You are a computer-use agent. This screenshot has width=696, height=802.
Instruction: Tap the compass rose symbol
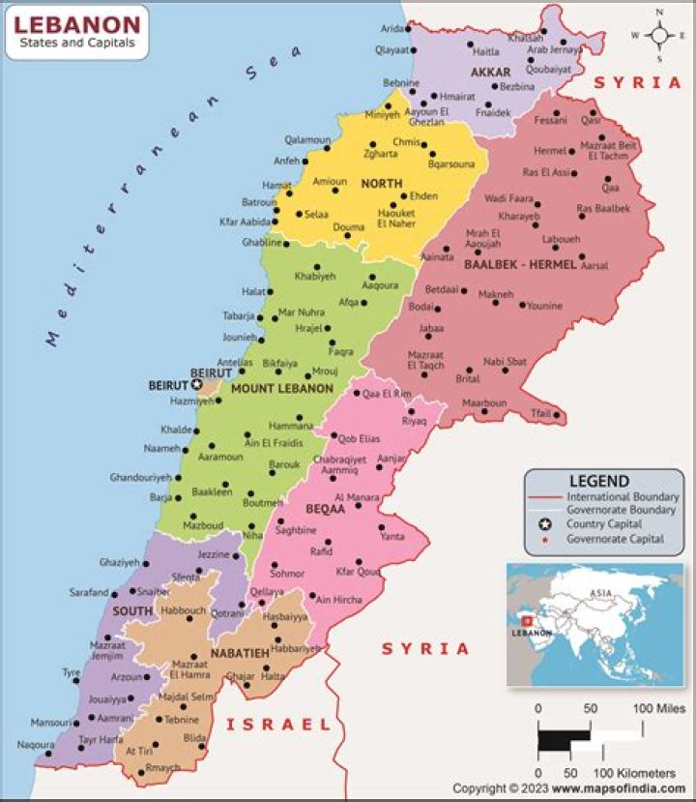click(x=661, y=35)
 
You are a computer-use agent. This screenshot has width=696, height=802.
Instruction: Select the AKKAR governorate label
click(x=490, y=73)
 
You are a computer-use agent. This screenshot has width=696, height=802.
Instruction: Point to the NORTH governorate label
click(x=381, y=183)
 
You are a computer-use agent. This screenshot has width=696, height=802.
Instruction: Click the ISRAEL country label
click(x=277, y=724)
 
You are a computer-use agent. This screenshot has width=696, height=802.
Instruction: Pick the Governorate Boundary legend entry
click(x=621, y=509)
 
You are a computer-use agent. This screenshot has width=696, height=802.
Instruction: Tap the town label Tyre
click(x=72, y=671)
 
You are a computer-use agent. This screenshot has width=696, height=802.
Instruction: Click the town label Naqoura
click(x=36, y=745)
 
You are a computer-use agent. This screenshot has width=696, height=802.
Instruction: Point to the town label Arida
click(x=392, y=30)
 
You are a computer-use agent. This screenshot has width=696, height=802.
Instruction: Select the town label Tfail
click(x=539, y=414)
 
